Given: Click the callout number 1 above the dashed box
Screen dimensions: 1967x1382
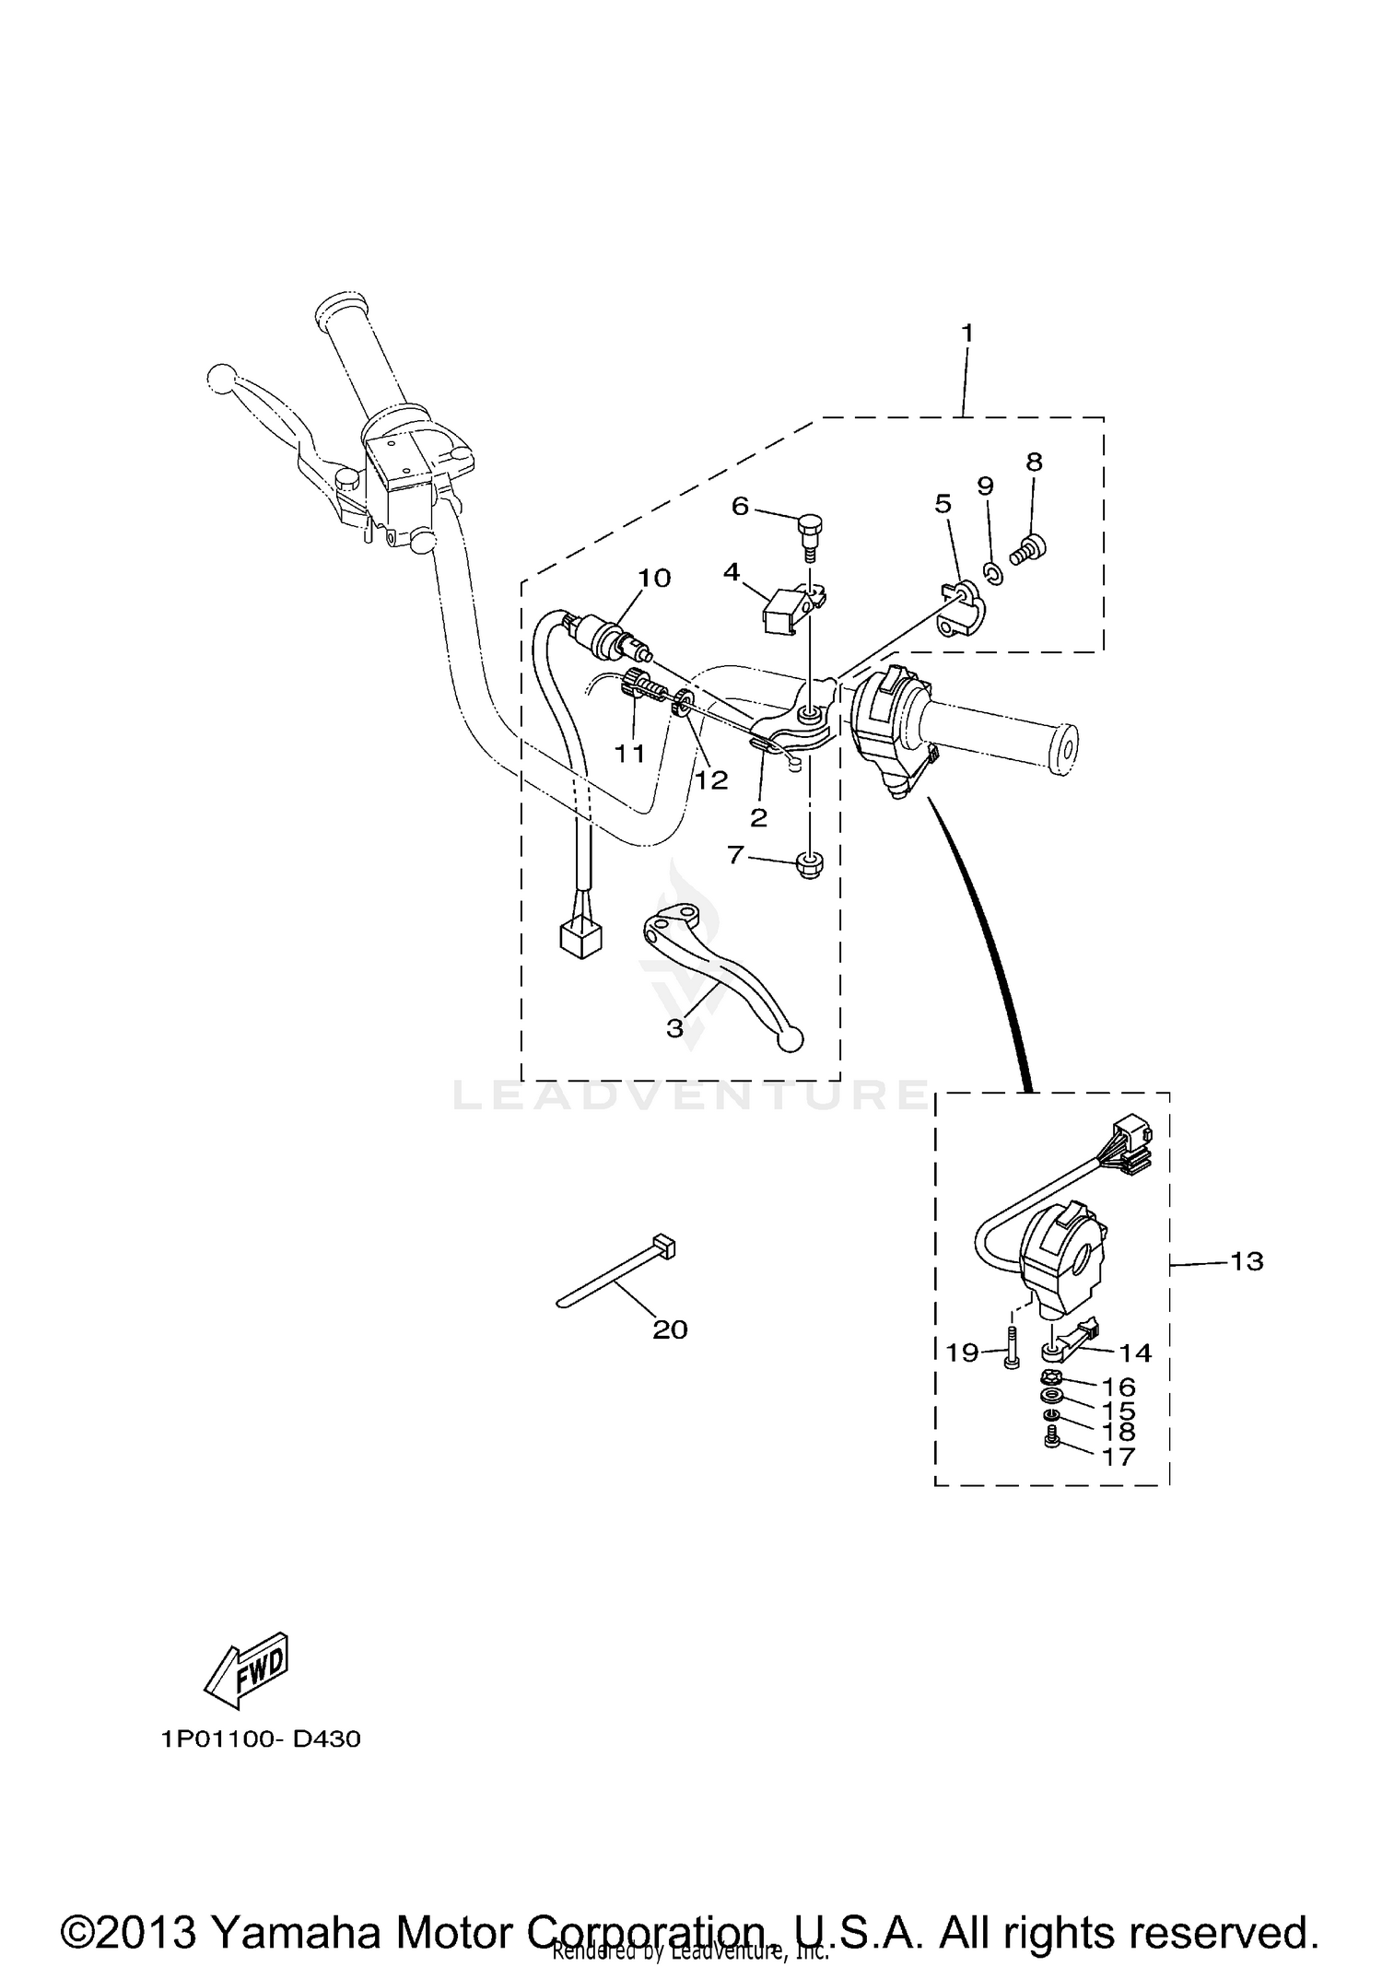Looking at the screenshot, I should pos(966,333).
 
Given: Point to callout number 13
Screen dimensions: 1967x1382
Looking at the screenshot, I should pos(1247,1261).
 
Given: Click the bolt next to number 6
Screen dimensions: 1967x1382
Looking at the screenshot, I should pos(808,533).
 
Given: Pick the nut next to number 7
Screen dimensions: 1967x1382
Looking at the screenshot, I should pos(809,864).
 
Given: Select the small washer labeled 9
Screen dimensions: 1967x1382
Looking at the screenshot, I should pos(993,575).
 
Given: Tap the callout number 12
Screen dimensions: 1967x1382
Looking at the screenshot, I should pos(711,779).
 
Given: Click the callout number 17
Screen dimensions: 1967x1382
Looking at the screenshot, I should pos(1119,1457).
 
